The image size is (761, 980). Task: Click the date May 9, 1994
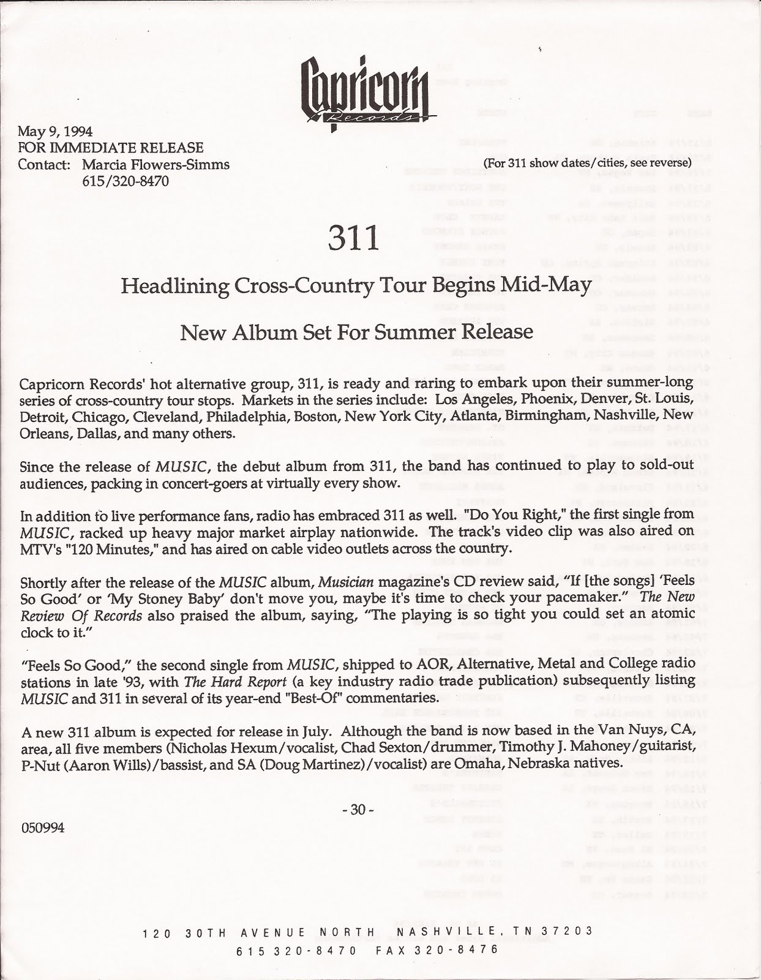tap(55, 131)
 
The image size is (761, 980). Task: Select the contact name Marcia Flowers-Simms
tap(156, 165)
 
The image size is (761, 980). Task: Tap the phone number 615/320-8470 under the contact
tap(126, 182)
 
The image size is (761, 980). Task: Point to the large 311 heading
tap(353, 238)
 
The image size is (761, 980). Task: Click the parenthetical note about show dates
tap(587, 163)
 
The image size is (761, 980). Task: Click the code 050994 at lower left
tap(43, 828)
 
